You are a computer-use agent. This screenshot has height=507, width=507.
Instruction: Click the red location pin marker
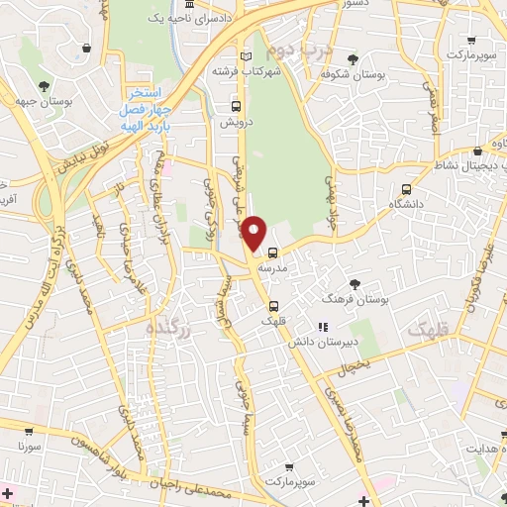coord(255,233)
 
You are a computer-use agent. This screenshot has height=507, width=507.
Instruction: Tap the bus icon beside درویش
coord(236,107)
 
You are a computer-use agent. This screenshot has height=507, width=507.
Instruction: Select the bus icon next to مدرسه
coord(272,253)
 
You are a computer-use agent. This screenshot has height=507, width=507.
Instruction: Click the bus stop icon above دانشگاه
coord(406,190)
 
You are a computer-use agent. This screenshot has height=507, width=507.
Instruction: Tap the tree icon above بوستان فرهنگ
coord(355,284)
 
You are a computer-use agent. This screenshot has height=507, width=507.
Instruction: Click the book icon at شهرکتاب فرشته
coord(245,55)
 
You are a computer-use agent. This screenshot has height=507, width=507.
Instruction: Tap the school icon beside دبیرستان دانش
coord(322,327)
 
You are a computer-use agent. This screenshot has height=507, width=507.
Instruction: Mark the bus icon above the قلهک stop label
coord(274,305)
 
